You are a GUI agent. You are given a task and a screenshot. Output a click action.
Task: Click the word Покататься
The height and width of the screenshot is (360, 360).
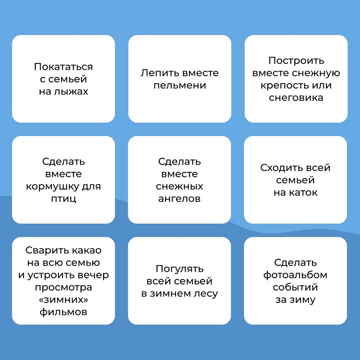point(63,67)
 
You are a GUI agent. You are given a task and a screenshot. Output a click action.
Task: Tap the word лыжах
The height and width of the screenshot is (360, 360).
point(71,91)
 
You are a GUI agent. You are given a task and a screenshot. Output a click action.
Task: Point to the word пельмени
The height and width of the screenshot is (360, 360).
point(180,85)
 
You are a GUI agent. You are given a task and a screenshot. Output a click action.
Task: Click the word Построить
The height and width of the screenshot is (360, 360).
point(296,61)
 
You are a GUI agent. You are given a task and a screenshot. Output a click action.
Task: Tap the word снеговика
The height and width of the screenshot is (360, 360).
point(296,98)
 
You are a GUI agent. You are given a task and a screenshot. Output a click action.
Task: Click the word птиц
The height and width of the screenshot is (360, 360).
point(63,198)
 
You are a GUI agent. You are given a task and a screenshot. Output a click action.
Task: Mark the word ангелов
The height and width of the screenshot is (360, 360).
point(179,198)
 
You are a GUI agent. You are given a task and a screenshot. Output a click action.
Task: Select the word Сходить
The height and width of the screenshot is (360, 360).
point(279,168)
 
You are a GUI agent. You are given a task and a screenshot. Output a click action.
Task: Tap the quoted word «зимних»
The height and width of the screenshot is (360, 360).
point(63,299)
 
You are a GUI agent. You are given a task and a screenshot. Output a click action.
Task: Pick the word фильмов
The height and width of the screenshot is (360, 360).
point(63,312)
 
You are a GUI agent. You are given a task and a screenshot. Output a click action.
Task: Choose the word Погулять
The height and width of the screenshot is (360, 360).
point(180,269)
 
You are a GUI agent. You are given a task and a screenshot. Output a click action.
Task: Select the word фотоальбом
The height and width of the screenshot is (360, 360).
point(295,275)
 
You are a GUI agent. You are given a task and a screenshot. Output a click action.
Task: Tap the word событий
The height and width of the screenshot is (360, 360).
point(295,287)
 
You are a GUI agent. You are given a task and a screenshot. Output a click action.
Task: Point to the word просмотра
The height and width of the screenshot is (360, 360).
point(63,288)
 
